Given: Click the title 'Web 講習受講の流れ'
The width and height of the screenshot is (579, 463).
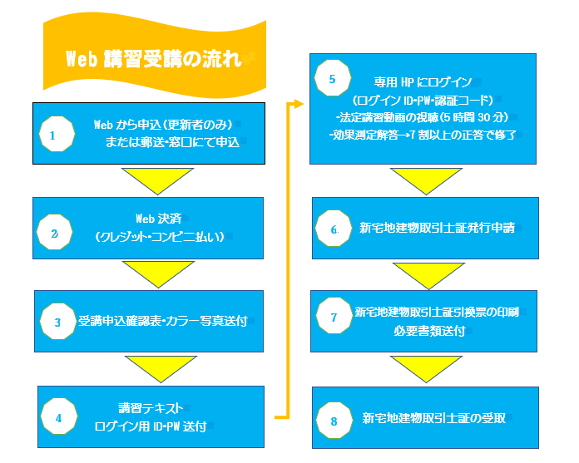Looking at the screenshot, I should pyautogui.click(x=153, y=59).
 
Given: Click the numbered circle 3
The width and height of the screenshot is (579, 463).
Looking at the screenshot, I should pyautogui.click(x=57, y=321).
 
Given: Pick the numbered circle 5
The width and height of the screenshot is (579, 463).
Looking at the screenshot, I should pyautogui.click(x=332, y=81).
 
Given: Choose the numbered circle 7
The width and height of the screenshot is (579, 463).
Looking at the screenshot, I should pyautogui.click(x=333, y=318).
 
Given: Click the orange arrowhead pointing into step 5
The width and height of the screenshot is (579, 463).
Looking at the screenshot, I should pyautogui.click(x=299, y=104).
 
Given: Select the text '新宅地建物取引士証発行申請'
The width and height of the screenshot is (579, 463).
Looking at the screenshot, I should pyautogui.click(x=437, y=228).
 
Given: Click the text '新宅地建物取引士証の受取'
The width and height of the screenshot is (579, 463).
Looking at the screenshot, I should pyautogui.click(x=434, y=418).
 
